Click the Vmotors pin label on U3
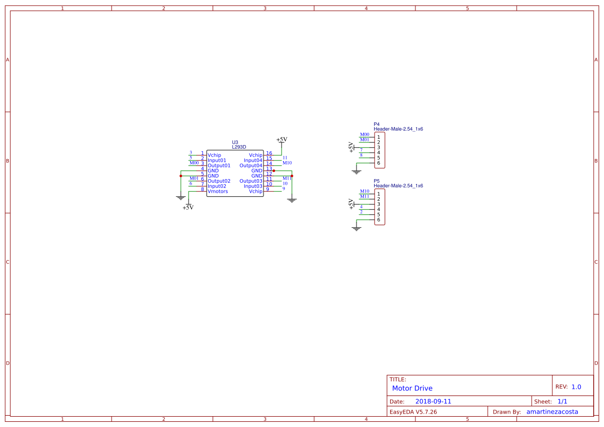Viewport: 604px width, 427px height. coord(218,192)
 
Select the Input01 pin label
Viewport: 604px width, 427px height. coord(217,161)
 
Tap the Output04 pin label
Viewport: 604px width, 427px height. coord(251,166)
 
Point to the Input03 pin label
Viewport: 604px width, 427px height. coord(253,186)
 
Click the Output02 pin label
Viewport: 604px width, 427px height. coord(219,181)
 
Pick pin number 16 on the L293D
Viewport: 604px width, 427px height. coord(269,153)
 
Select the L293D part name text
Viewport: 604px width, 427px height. coord(239,147)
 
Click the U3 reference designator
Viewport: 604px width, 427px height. coord(235,142)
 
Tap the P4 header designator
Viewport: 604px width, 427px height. coord(377,124)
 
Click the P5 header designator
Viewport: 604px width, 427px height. coord(377,181)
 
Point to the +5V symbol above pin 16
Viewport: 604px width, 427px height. coord(282,139)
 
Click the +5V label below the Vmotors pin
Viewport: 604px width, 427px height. coord(188,208)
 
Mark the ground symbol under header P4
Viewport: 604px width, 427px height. coord(356,171)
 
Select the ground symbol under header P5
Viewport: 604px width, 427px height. coord(356,228)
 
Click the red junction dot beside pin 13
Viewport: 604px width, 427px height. coord(274,170)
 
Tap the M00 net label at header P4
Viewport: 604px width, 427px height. coord(365,134)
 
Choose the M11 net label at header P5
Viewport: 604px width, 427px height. coord(365,196)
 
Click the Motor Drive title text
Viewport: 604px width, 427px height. coord(412,388)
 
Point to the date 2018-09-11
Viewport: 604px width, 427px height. coord(433,401)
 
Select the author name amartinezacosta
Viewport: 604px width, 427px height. coord(552,412)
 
